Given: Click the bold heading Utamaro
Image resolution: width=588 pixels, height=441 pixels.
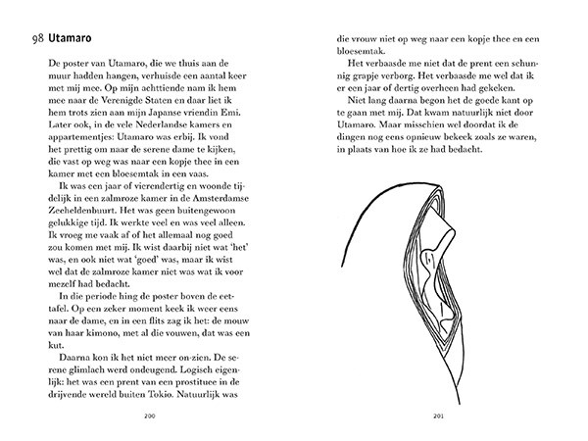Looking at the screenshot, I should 71,39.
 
